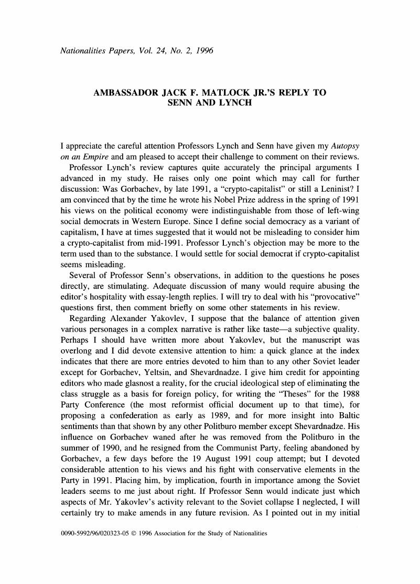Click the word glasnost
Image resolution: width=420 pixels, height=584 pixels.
(139, 373)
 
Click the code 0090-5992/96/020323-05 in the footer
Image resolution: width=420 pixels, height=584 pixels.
(95, 534)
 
